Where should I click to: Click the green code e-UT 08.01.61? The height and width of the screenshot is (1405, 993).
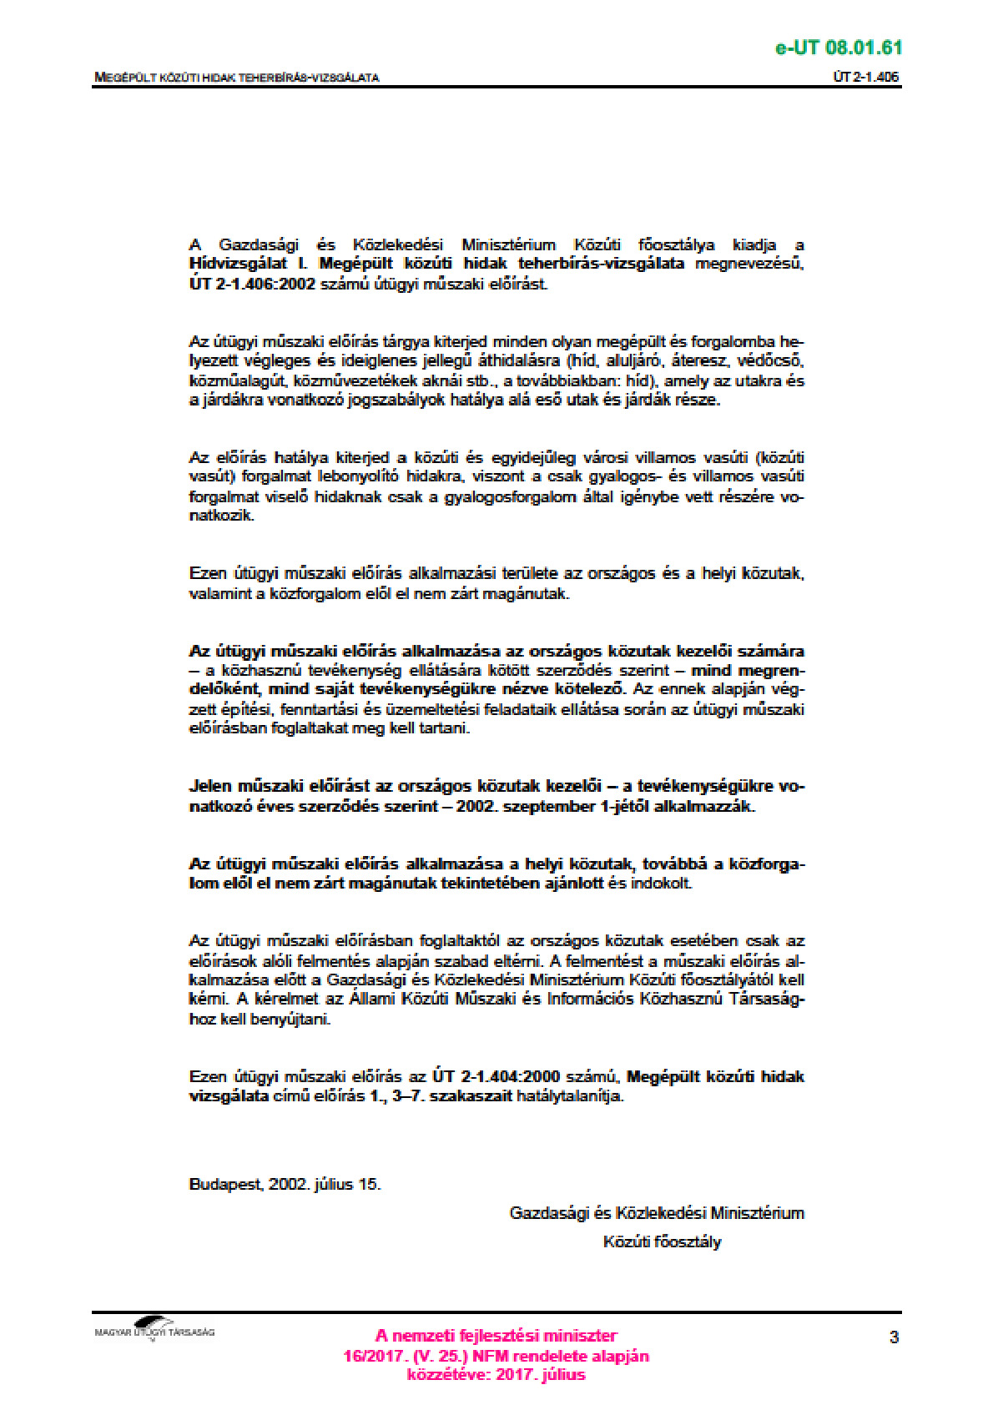(x=838, y=48)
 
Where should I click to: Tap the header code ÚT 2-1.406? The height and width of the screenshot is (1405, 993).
(x=866, y=78)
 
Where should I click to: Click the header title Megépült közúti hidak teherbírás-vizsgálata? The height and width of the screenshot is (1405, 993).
(x=237, y=78)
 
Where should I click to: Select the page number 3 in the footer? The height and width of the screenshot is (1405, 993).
(x=894, y=1337)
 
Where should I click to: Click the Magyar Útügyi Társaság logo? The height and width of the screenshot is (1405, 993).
(x=154, y=1331)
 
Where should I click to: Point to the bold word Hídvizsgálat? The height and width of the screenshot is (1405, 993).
(x=238, y=264)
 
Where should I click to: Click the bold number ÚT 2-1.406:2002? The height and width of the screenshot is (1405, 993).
(x=252, y=284)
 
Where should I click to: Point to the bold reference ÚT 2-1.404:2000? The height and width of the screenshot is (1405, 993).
(x=496, y=1077)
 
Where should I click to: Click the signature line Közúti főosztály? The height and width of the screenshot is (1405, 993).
(x=662, y=1241)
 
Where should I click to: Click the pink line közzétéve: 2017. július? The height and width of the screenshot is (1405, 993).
(x=496, y=1375)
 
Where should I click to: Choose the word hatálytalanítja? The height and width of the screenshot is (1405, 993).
(x=570, y=1096)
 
